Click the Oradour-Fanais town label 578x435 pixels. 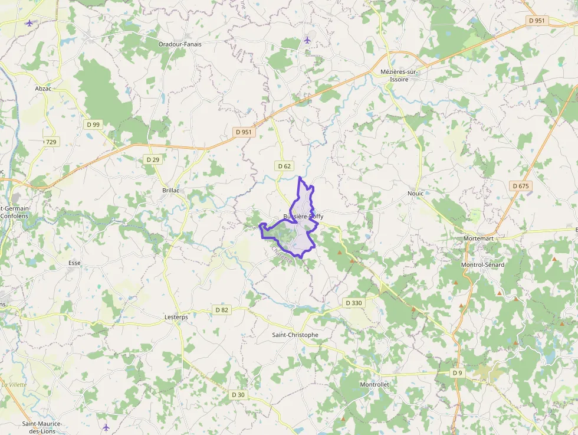[x=180, y=44]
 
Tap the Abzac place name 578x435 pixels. [x=43, y=89]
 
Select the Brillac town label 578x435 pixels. [x=170, y=191]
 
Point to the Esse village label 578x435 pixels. [x=74, y=263]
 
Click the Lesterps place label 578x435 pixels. [x=175, y=317]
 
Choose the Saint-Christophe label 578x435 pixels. [x=295, y=335]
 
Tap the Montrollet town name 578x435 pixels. [x=375, y=384]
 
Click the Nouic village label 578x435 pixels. [x=415, y=193]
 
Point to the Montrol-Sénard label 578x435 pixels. [x=482, y=264]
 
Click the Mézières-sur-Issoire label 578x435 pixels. [x=399, y=75]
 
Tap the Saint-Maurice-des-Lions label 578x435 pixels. [x=42, y=427]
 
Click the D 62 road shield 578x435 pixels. [x=284, y=166]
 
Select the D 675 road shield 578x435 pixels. [x=521, y=186]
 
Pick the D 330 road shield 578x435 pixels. [x=353, y=303]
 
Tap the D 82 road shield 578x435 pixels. [x=222, y=310]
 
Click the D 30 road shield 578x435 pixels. [x=238, y=394]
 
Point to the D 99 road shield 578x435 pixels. [x=93, y=125]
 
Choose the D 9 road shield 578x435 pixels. [x=458, y=373]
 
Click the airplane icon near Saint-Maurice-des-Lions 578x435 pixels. [x=106, y=427]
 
